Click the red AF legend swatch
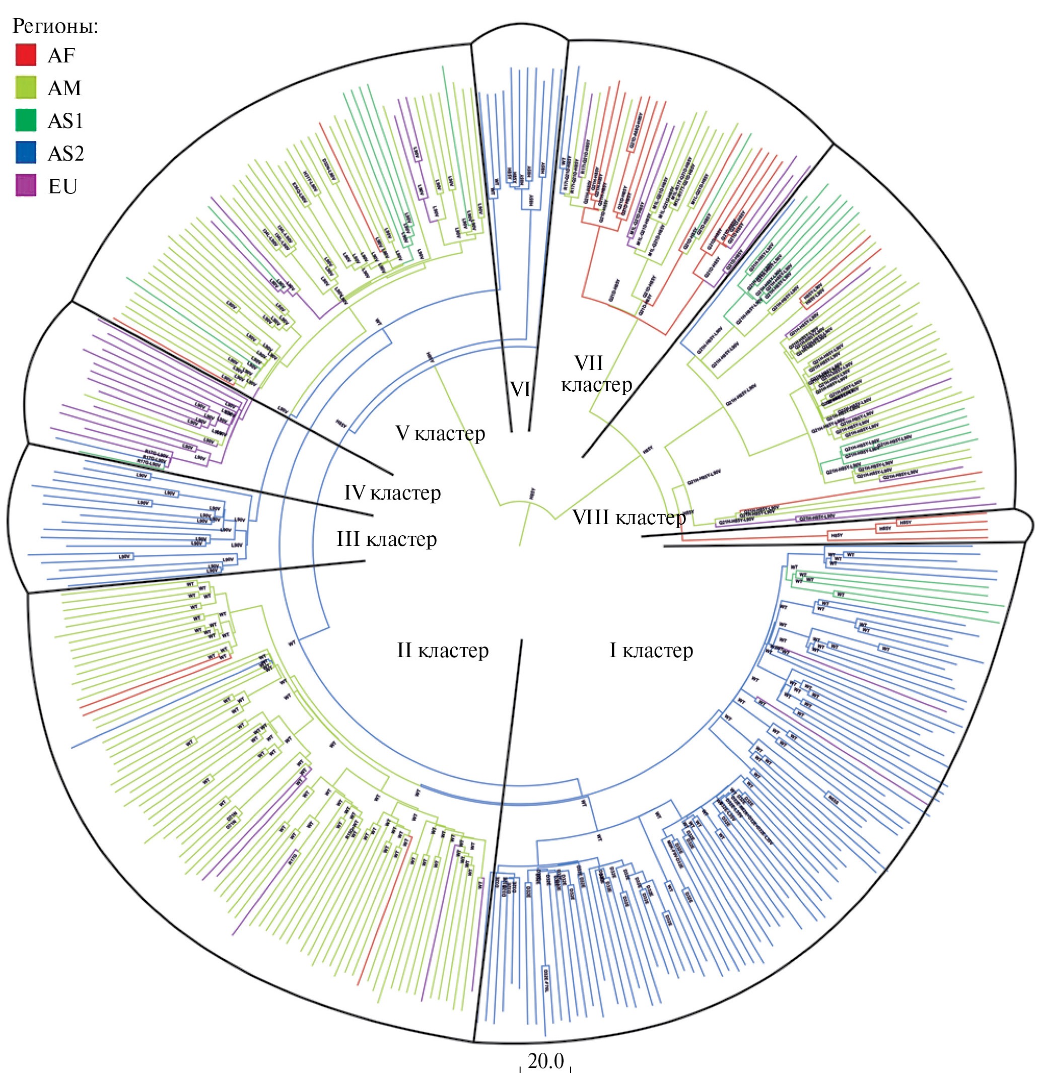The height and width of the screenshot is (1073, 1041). point(26,55)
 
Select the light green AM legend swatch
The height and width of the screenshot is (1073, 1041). point(26,88)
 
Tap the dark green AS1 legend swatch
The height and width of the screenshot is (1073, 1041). point(26,120)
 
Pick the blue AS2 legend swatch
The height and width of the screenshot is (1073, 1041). point(26,153)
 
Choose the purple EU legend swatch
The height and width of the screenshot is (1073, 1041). point(26,186)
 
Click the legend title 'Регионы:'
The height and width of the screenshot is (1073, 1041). point(55,26)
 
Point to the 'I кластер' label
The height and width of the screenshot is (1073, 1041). point(651,651)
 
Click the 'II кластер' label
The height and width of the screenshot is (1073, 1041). point(443,651)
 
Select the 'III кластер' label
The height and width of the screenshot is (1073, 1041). point(387,539)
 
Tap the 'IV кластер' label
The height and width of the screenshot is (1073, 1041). point(392,493)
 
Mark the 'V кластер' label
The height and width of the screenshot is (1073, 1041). point(440,434)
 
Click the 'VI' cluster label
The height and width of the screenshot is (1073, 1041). point(520,389)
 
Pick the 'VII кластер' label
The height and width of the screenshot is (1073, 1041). point(596,374)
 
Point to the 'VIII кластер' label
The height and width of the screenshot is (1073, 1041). point(629,517)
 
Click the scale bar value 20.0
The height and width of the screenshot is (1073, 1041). point(545,1060)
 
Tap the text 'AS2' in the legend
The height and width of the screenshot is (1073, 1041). point(65,154)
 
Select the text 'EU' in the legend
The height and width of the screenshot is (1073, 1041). point(62,187)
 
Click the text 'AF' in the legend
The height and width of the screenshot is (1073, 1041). point(61,55)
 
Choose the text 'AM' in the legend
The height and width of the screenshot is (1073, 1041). point(64,88)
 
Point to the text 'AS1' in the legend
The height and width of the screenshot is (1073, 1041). point(65,121)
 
